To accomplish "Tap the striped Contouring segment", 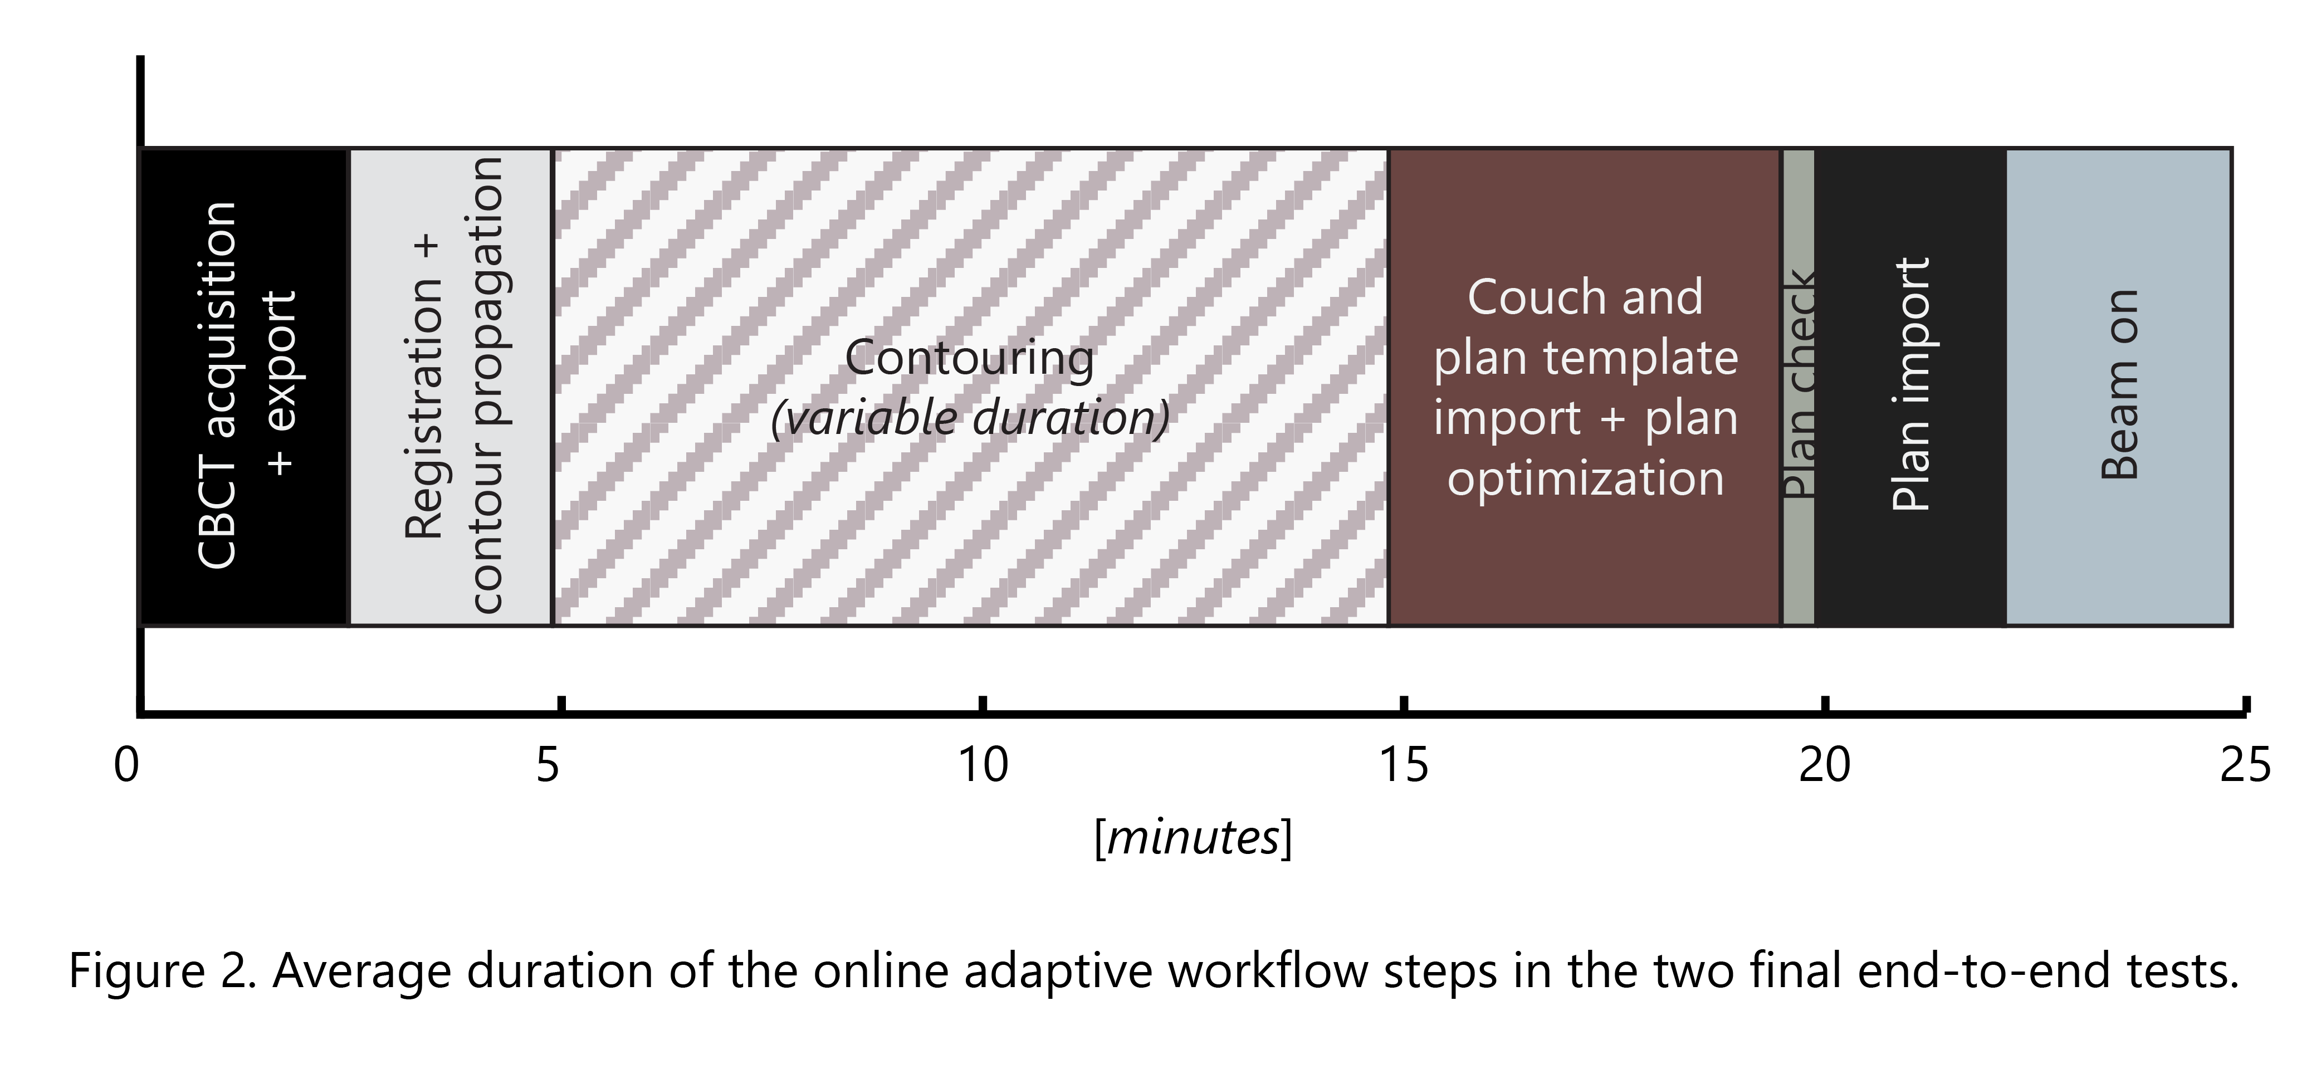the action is (x=970, y=387).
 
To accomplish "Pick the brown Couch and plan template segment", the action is (x=1585, y=387).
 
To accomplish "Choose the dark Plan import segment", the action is (x=1910, y=387).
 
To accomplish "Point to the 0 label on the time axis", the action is (x=127, y=765).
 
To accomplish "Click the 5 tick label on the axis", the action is (x=548, y=765).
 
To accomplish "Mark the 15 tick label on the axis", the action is (x=1404, y=765).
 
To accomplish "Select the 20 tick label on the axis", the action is (x=1825, y=765).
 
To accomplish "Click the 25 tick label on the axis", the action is (x=2245, y=765).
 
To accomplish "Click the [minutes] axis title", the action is (x=1193, y=838).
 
